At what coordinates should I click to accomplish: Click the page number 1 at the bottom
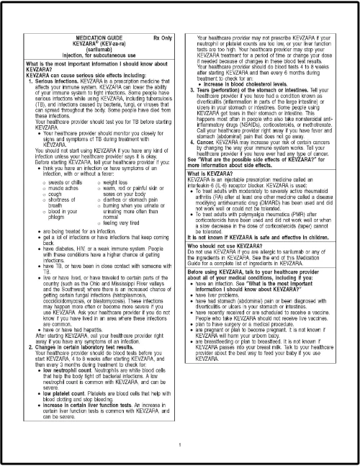pos(179,444)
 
